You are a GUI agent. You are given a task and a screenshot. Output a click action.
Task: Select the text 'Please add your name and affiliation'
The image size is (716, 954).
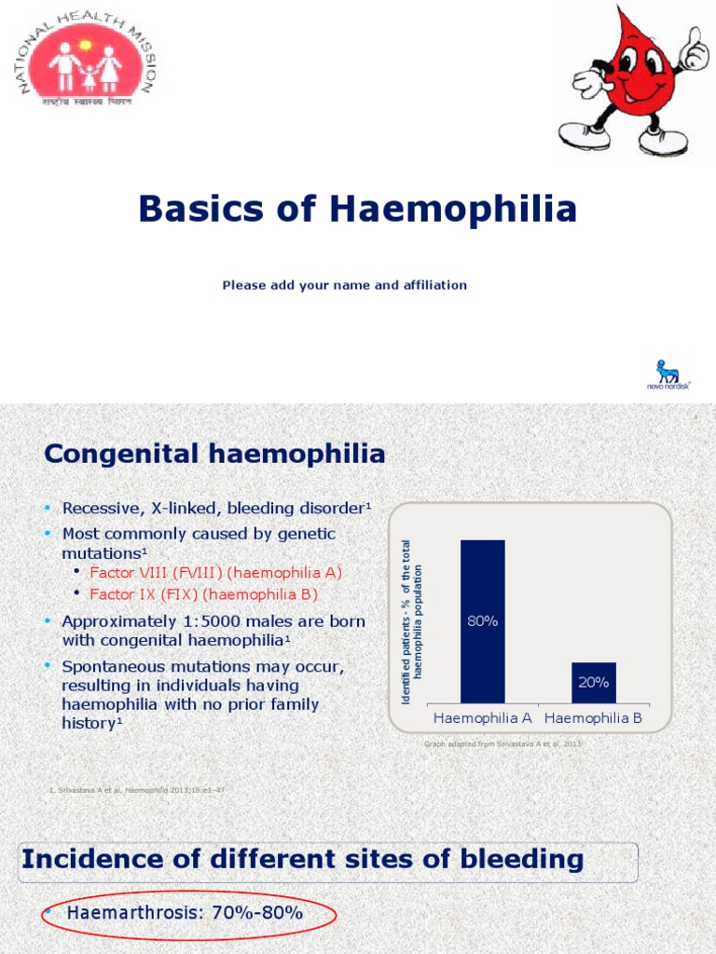tap(344, 285)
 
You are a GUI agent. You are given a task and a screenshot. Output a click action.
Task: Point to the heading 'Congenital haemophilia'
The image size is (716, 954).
tap(214, 455)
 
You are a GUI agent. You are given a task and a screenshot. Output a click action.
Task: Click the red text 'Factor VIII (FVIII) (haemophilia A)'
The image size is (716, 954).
tap(215, 572)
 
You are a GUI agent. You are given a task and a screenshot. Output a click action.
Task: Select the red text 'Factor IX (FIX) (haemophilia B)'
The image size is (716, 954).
tap(203, 593)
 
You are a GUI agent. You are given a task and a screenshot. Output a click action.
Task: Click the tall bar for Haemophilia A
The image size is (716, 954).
tap(482, 620)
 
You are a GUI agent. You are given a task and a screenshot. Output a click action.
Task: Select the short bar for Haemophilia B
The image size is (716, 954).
tap(593, 682)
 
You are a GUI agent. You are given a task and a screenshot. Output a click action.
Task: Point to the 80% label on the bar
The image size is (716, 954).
tap(482, 620)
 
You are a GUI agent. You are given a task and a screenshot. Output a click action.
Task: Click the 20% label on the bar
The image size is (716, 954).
tap(593, 682)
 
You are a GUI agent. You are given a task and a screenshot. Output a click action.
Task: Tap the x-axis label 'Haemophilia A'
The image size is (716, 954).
tap(482, 718)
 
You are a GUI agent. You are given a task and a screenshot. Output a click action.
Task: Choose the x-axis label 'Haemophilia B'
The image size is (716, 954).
tap(593, 718)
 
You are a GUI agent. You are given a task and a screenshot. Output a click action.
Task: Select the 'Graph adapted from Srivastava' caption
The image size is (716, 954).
tap(503, 744)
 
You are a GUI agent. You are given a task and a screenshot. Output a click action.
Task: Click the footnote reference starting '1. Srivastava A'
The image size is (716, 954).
tap(136, 790)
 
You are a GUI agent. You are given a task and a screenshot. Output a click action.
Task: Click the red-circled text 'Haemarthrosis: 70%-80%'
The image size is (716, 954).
tap(185, 913)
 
